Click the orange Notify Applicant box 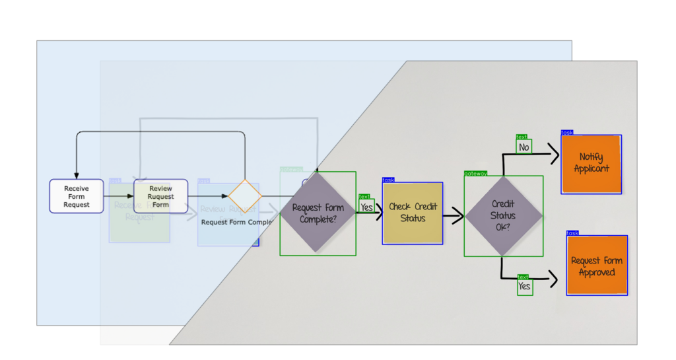click(x=591, y=164)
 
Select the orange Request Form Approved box click(x=597, y=266)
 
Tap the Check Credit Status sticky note click(x=413, y=213)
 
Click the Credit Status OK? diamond click(x=504, y=216)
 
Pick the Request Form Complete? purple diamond click(x=318, y=213)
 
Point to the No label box click(x=524, y=147)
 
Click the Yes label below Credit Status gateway click(x=524, y=287)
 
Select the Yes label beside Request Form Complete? click(x=366, y=207)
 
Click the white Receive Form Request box click(x=77, y=196)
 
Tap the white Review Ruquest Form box click(x=160, y=196)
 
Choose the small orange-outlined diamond click(x=245, y=196)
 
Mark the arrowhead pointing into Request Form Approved click(x=553, y=279)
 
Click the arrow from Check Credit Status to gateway click(x=453, y=215)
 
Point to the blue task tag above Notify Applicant click(x=567, y=133)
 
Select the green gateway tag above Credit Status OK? click(x=475, y=173)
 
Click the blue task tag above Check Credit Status click(x=388, y=180)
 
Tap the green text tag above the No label click(x=522, y=137)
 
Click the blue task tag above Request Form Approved click(x=572, y=233)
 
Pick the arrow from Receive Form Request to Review click(x=119, y=196)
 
